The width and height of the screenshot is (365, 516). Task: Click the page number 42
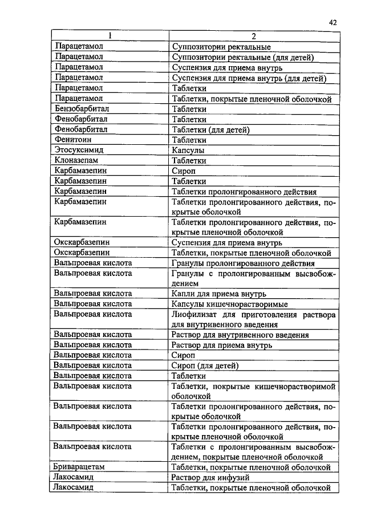coord(333,22)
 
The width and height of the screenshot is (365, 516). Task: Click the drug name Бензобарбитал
coord(82,109)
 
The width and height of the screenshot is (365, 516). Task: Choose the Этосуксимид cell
coord(78,150)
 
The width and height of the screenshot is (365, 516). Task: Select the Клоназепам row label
coord(77,160)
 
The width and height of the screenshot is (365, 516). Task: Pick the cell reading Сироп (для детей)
coord(205,365)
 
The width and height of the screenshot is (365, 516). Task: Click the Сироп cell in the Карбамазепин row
coord(183,170)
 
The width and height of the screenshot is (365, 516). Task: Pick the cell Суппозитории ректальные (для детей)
coord(242,58)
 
